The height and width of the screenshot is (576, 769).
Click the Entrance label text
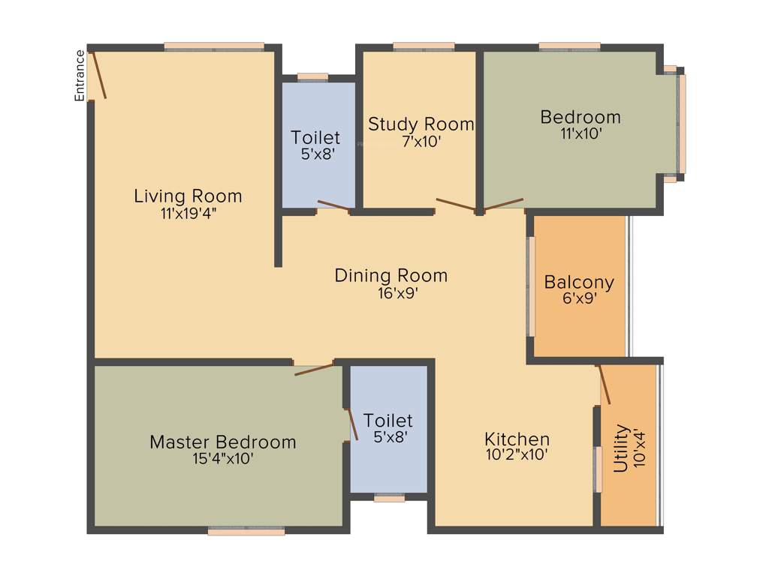click(x=79, y=75)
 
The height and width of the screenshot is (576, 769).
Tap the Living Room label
click(x=188, y=196)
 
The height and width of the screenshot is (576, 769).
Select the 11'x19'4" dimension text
click(x=188, y=213)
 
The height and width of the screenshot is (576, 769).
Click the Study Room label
click(x=421, y=124)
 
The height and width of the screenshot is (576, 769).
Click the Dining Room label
click(x=391, y=275)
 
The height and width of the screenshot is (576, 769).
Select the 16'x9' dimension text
click(x=391, y=293)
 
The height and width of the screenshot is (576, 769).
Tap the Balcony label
click(x=579, y=283)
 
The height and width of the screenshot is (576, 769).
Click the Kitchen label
click(x=517, y=439)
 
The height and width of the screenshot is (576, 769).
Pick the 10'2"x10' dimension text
click(x=517, y=454)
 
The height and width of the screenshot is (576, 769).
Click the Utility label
click(x=621, y=448)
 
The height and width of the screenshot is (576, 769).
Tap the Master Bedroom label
click(x=222, y=442)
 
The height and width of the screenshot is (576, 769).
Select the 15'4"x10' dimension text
click(x=222, y=458)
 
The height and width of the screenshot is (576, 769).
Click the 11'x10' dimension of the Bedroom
click(x=581, y=133)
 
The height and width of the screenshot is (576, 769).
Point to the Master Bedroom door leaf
click(x=315, y=368)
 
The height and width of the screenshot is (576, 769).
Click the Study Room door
click(x=455, y=204)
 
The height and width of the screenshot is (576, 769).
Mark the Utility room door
click(x=604, y=385)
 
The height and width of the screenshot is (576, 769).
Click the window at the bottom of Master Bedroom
click(x=246, y=532)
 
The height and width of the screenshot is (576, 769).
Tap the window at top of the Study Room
click(x=424, y=46)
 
